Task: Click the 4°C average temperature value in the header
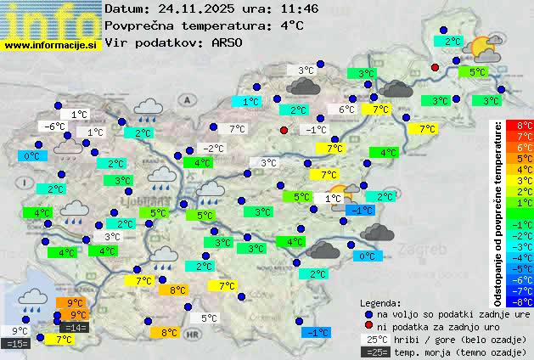pyautogui.click(x=291, y=25)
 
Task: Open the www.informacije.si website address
pyautogui.click(x=51, y=45)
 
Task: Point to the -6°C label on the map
pyautogui.click(x=53, y=127)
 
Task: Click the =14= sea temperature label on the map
pyautogui.click(x=74, y=328)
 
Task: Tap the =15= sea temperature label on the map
pyautogui.click(x=16, y=344)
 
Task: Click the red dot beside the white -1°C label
pyautogui.click(x=284, y=130)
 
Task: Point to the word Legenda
pyautogui.click(x=380, y=302)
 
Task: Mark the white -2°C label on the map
pyautogui.click(x=214, y=148)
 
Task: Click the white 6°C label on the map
pyautogui.click(x=346, y=110)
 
